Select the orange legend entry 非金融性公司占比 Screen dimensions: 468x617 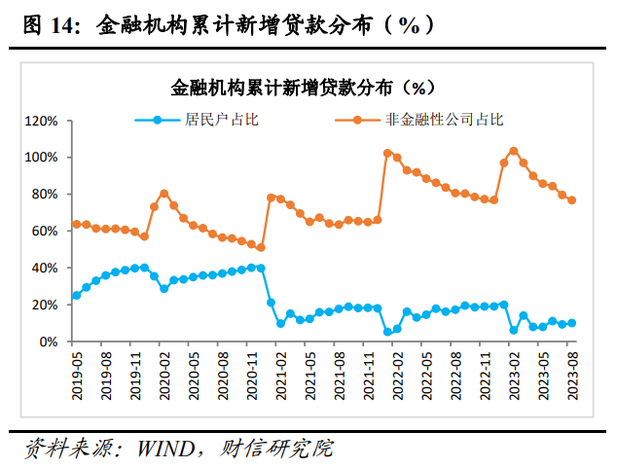click(x=443, y=121)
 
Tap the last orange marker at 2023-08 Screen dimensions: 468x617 click(x=571, y=200)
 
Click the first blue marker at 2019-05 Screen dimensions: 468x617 click(x=76, y=295)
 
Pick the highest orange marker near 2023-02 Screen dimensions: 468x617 click(x=513, y=151)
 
